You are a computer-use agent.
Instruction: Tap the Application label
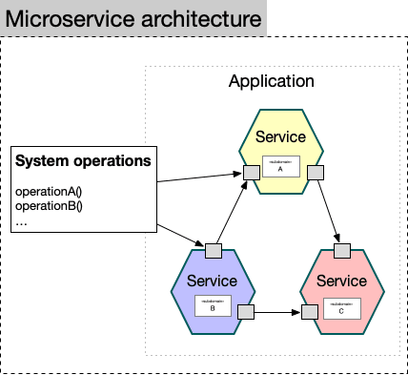click(271, 81)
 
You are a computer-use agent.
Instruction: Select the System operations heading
click(84, 161)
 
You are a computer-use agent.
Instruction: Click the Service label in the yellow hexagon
click(282, 137)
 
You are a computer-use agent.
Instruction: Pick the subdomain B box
click(212, 305)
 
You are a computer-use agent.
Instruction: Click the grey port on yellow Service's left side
click(252, 173)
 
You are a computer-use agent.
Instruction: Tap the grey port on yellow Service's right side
click(314, 173)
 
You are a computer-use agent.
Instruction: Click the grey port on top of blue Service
click(212, 251)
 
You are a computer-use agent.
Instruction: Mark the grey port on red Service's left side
click(309, 312)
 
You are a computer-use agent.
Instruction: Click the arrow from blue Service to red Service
click(276, 312)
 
